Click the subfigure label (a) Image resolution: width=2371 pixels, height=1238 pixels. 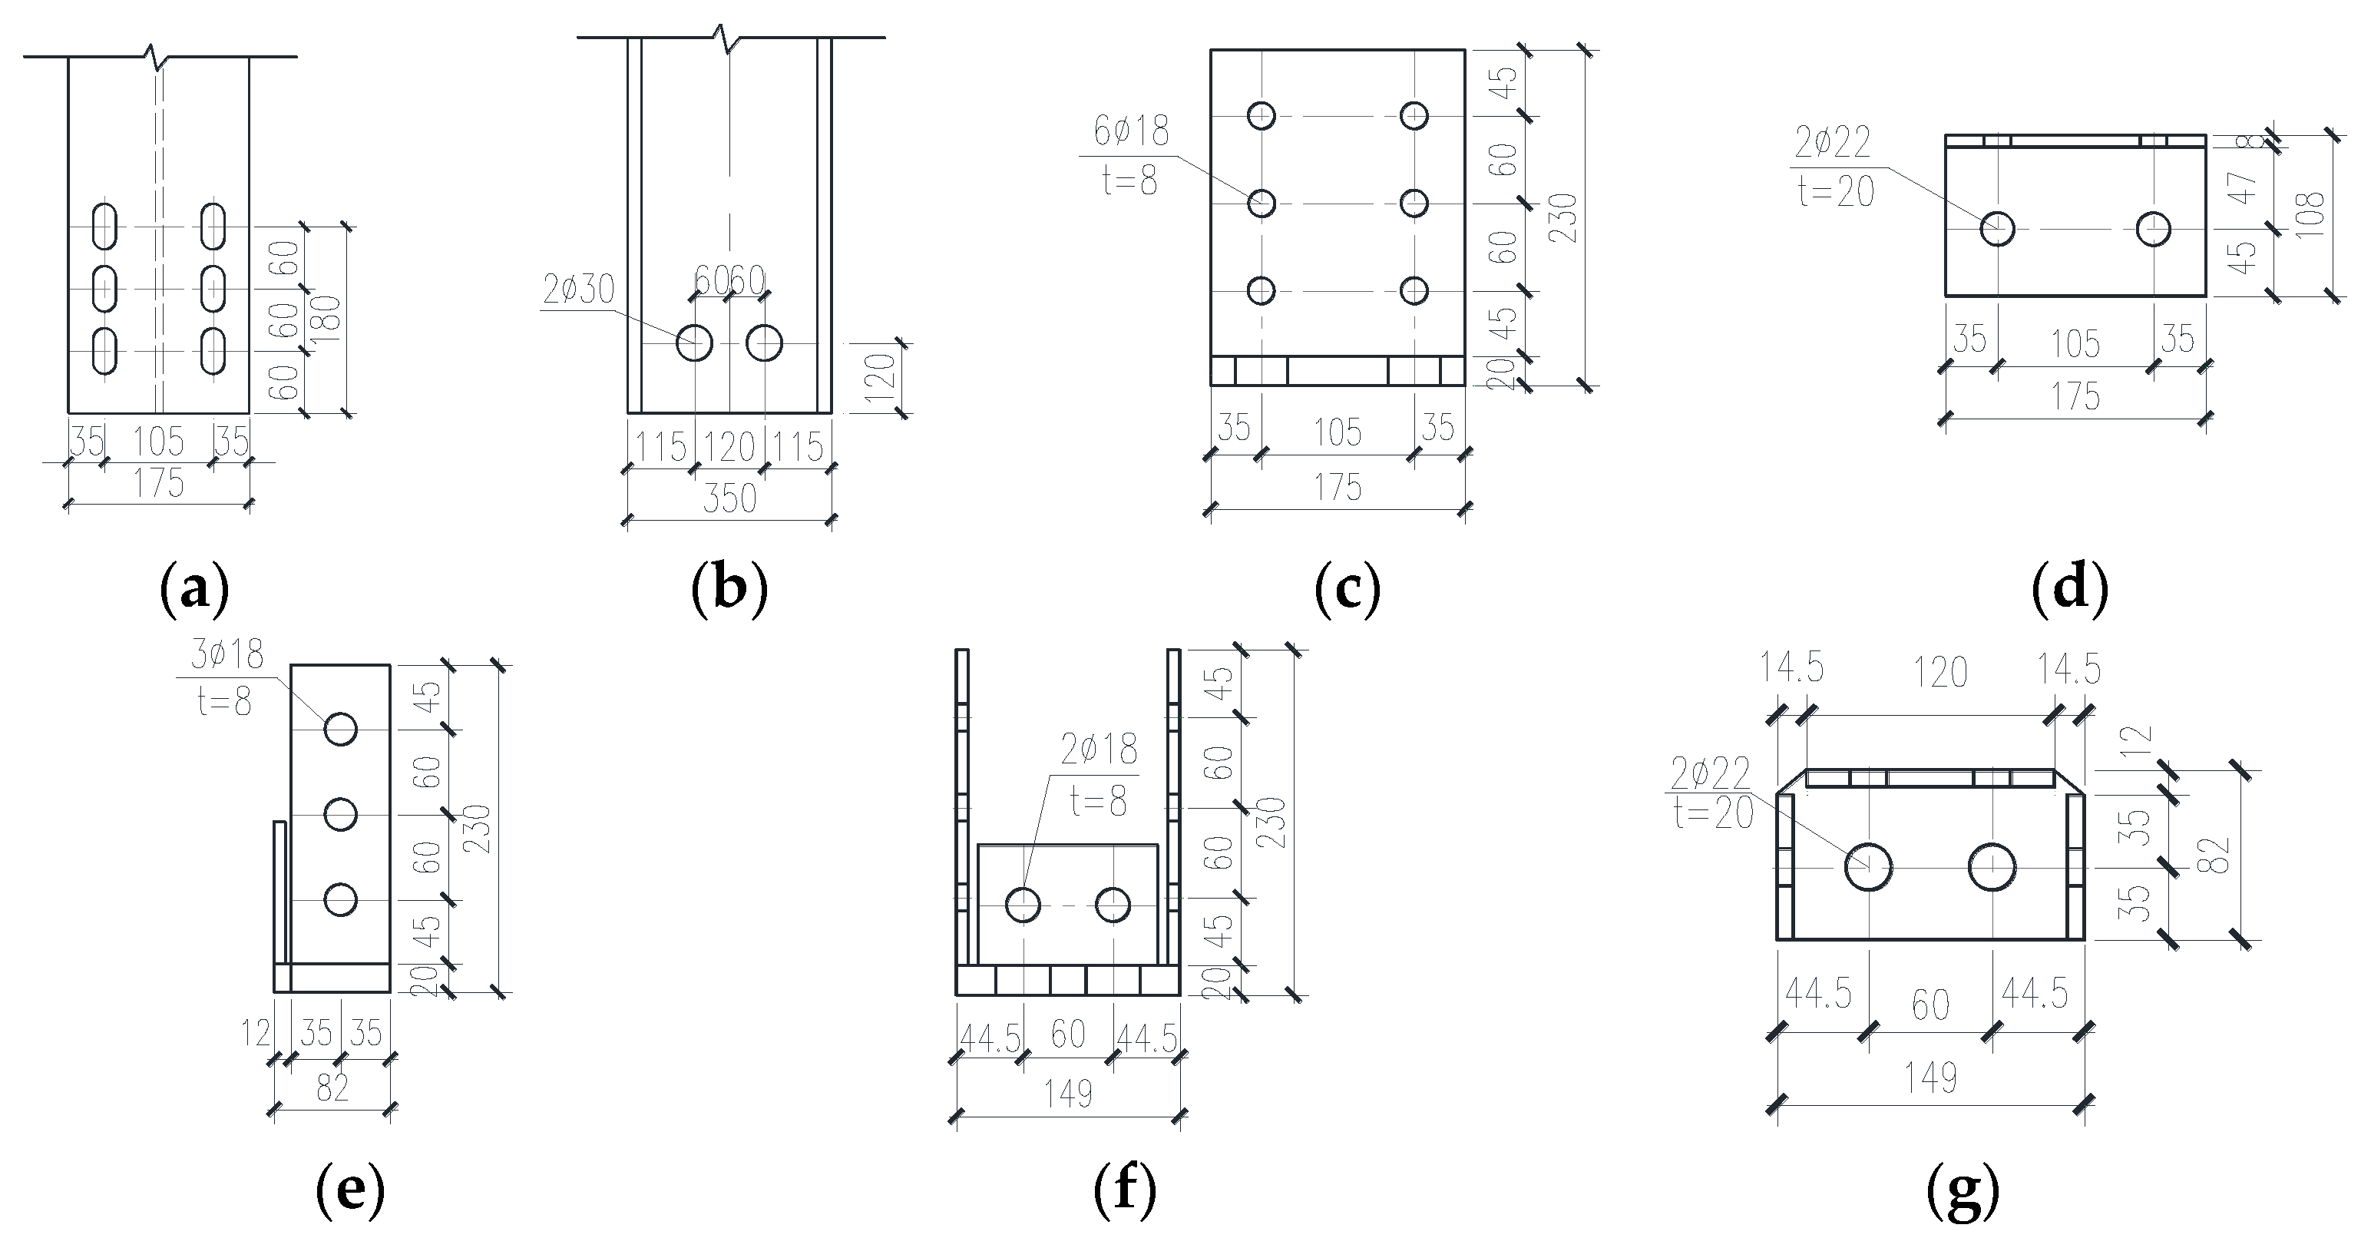coord(194,589)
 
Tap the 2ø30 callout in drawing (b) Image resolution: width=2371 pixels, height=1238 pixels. coord(578,290)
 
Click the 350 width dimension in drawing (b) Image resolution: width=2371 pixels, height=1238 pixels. coord(729,498)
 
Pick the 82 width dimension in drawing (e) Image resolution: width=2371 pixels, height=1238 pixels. coord(332,1088)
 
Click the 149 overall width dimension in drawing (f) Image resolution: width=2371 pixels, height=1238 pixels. coord(1068,1094)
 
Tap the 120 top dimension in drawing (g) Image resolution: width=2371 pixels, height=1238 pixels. coord(1940,673)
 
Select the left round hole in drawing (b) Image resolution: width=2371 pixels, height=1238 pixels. coord(694,343)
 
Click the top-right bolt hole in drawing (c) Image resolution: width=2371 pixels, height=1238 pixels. coord(1414,116)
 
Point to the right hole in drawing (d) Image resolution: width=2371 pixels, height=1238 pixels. coord(2154,228)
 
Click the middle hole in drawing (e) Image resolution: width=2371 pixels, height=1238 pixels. coord(341,815)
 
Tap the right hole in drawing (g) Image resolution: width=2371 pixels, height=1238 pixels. coord(1992,866)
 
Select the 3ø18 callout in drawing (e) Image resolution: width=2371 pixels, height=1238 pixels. coord(227,655)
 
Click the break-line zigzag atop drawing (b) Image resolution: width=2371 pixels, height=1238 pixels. coord(728,38)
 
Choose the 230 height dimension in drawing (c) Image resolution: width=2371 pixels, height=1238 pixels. coord(1562,217)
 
